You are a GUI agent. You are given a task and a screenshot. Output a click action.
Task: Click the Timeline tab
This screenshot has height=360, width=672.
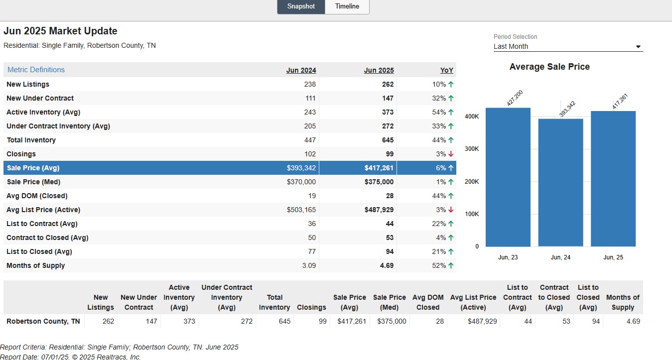click(x=347, y=6)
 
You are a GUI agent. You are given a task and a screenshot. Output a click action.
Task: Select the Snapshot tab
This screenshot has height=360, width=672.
click(x=301, y=6)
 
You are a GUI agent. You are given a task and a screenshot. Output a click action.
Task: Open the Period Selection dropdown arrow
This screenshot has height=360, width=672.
click(x=638, y=47)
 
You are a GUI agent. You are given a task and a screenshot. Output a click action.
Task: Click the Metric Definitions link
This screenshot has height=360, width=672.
click(x=36, y=70)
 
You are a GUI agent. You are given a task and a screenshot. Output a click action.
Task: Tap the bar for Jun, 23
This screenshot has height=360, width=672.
click(x=508, y=177)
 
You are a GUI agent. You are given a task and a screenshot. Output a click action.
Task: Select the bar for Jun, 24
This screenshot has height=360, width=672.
click(x=560, y=183)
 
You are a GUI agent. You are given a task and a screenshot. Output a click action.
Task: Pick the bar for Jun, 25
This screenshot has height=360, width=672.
click(x=613, y=179)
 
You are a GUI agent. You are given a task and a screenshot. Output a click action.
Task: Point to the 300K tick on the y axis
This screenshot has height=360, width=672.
click(x=472, y=149)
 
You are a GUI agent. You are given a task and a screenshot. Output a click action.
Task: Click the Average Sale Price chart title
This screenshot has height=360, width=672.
click(x=549, y=67)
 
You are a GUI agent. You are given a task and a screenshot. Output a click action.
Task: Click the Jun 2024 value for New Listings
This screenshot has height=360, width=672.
click(x=310, y=84)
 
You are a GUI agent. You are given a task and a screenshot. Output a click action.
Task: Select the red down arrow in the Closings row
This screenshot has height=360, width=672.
click(x=451, y=154)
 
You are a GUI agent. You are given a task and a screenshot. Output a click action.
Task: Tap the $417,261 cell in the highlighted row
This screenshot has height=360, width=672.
click(x=379, y=168)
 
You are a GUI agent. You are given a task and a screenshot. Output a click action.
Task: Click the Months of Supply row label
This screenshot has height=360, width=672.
click(x=35, y=265)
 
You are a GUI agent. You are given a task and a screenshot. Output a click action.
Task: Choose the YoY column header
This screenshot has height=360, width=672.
click(x=446, y=70)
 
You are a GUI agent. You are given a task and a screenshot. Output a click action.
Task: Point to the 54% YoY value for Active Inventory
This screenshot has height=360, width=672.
click(x=439, y=112)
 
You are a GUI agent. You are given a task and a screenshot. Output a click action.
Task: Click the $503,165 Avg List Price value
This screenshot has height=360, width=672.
click(x=301, y=210)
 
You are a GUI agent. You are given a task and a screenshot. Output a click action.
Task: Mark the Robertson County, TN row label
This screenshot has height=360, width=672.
click(x=43, y=321)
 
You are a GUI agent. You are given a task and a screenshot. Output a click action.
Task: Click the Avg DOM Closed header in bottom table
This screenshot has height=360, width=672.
click(x=428, y=302)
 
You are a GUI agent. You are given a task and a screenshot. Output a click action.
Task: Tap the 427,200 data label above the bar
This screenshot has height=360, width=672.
click(x=515, y=98)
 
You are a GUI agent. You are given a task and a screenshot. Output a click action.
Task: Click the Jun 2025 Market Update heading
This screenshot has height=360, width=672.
click(x=60, y=31)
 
